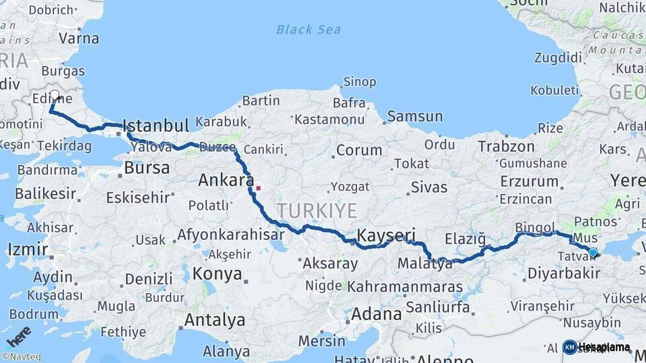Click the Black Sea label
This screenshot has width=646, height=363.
308,30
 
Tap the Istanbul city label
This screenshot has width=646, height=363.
155,126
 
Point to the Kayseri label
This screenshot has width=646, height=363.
386,235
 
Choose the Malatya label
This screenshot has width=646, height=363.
425,264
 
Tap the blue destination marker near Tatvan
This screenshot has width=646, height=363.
592,253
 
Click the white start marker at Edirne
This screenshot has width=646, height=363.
55,96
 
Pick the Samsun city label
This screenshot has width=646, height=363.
415,116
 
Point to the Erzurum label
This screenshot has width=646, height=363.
530,181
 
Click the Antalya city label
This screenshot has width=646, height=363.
215,319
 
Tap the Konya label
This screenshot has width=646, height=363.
217,274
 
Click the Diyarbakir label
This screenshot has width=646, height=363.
563,273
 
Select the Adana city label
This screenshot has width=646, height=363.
376,313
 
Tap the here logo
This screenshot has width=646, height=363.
19,336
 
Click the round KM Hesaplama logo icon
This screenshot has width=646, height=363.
570,347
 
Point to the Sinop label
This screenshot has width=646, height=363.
359,82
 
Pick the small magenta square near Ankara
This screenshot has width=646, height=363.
258,188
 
